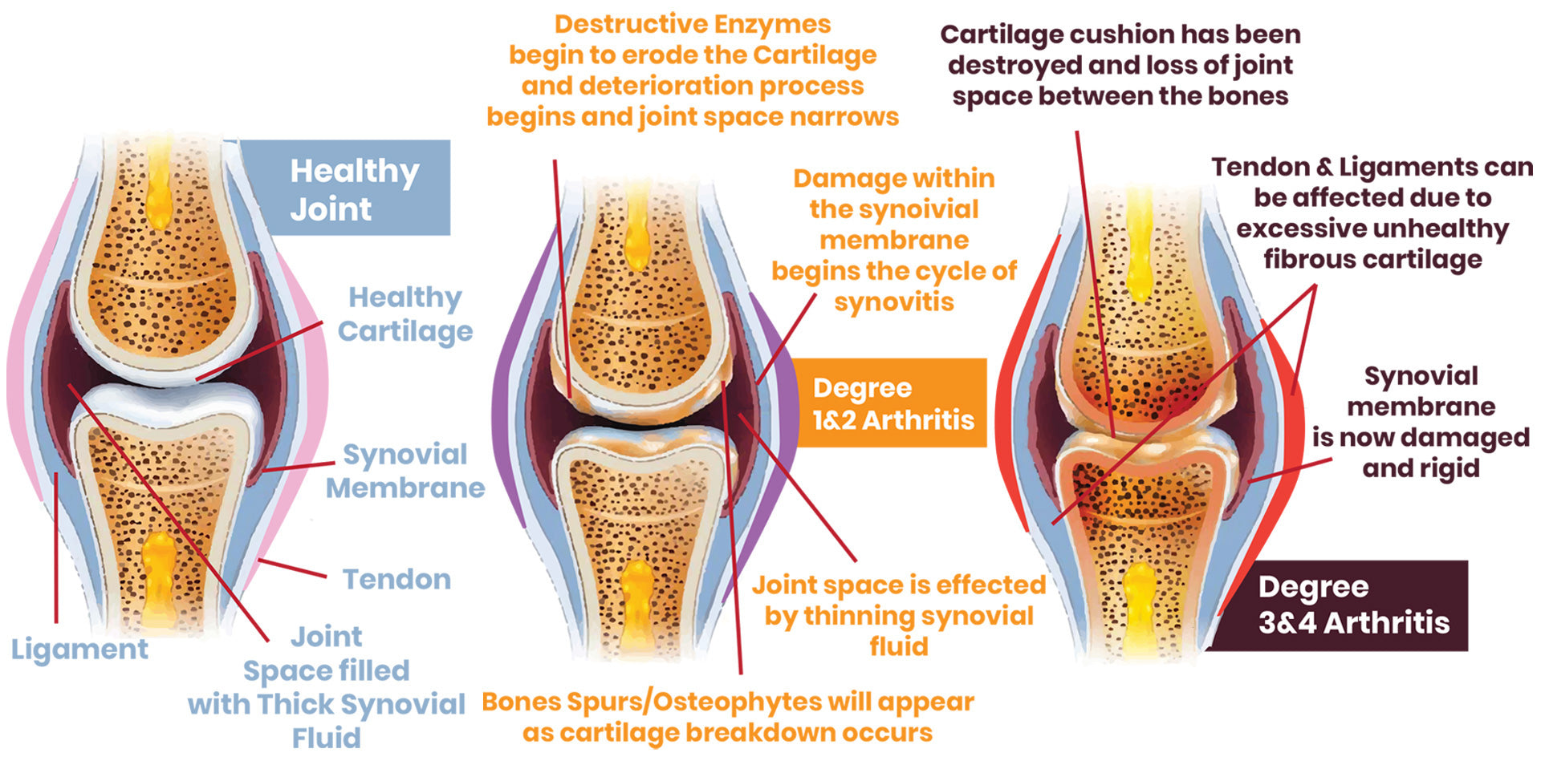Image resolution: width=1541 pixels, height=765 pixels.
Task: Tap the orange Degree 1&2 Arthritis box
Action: (891, 403)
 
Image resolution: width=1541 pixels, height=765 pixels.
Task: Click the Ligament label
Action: (79, 649)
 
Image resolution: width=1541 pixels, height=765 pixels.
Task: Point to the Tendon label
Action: (396, 579)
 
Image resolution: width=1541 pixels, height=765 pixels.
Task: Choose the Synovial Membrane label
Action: (405, 471)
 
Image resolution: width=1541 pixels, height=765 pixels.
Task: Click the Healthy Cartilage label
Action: (405, 314)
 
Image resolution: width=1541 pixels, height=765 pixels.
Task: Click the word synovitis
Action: (894, 302)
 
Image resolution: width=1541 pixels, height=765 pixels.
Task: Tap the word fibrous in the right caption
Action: (1305, 259)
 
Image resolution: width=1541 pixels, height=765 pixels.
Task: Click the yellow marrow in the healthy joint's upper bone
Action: (159, 180)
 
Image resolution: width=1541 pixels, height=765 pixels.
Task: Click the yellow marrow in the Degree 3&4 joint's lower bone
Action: (1141, 609)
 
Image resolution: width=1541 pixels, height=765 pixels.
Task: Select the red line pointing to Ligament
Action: (56, 545)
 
